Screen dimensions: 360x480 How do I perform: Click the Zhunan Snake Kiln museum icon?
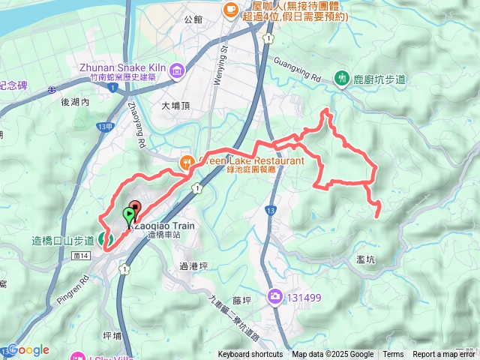(177, 71)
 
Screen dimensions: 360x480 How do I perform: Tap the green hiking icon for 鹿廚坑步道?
(343, 78)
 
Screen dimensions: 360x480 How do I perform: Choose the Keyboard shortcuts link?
(250, 355)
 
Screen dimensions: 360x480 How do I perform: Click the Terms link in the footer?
(393, 355)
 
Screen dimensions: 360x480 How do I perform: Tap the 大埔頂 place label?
(175, 106)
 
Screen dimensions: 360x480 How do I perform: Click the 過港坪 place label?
(193, 265)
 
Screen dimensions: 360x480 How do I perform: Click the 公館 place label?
(193, 18)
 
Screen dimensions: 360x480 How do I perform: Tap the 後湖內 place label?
(75, 101)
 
